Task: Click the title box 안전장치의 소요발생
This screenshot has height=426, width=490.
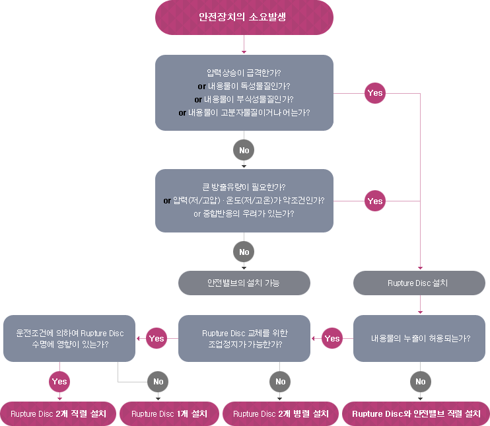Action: coord(243,17)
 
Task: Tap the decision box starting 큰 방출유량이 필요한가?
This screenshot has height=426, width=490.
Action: coord(244,200)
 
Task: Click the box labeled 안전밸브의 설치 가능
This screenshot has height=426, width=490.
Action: coord(244,283)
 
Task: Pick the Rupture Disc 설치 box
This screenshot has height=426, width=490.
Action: coord(419,283)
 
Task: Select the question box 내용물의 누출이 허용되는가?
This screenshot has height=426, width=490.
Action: coord(420,337)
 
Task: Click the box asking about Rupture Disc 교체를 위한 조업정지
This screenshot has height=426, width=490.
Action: coord(244,338)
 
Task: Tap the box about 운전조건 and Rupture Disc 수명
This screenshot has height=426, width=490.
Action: coord(69,338)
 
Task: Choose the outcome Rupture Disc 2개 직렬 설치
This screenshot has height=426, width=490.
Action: coord(59,413)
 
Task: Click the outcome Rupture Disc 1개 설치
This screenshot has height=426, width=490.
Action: coord(169,413)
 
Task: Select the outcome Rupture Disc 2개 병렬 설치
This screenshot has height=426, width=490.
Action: coord(281,413)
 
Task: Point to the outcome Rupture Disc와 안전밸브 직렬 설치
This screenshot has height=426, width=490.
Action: coord(416,413)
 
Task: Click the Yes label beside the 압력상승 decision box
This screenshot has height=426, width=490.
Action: coord(374,93)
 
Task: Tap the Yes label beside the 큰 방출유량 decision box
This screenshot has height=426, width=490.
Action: coord(374,201)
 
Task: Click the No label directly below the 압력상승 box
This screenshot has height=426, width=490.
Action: coord(244,151)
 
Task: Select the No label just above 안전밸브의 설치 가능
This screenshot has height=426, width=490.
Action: coord(244,252)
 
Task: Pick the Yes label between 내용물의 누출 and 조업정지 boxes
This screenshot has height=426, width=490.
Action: coord(332,338)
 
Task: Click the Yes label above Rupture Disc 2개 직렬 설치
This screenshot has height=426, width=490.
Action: coord(59,381)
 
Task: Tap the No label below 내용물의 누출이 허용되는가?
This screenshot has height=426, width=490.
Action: coord(421,381)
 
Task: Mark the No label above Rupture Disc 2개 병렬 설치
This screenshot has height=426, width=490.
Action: coord(281,381)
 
